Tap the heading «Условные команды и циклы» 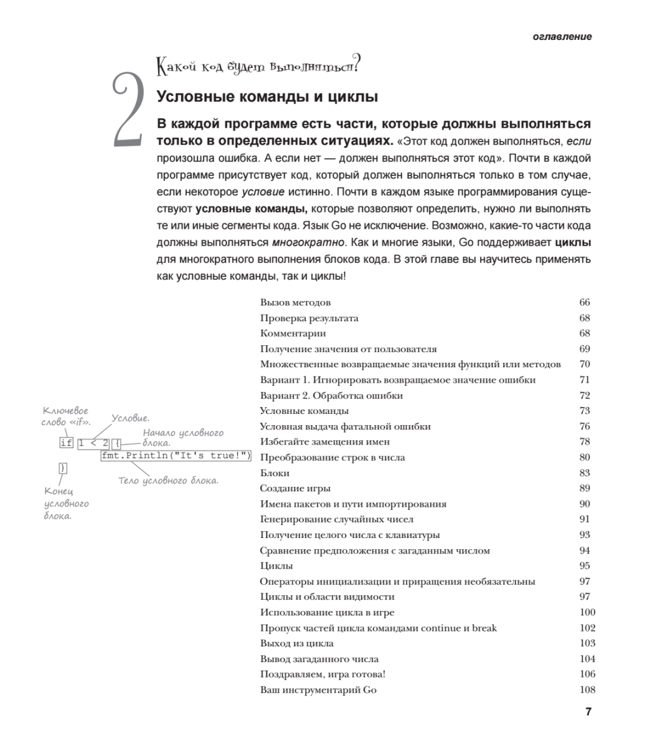click(x=268, y=97)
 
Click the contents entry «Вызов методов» click(x=294, y=303)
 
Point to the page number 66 click(x=584, y=303)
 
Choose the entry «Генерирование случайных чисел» click(x=336, y=519)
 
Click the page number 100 click(x=586, y=612)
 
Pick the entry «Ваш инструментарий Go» click(x=318, y=689)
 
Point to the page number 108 click(x=586, y=689)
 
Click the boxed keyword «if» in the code click(x=66, y=443)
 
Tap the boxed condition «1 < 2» click(x=93, y=443)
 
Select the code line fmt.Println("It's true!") click(x=176, y=456)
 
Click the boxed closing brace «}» click(x=62, y=467)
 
